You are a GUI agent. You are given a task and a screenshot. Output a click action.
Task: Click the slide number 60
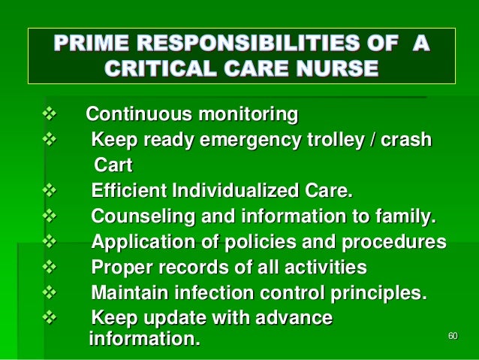click(452, 335)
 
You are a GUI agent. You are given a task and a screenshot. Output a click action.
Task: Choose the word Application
click(139, 243)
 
